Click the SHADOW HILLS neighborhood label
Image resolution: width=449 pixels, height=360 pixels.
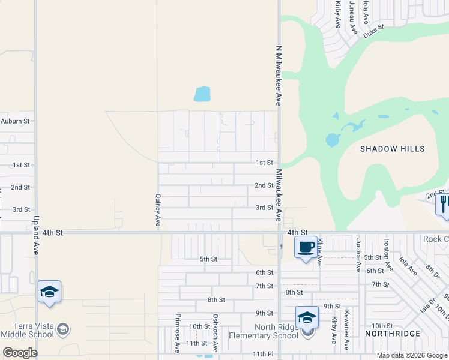click(x=392, y=149)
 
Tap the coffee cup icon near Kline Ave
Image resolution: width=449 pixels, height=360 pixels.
click(x=306, y=246)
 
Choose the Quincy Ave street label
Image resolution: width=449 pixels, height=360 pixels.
click(x=158, y=209)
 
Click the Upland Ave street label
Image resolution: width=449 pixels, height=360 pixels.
click(x=36, y=235)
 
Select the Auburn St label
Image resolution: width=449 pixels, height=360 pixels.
click(x=15, y=121)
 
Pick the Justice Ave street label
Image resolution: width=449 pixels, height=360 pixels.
click(x=358, y=255)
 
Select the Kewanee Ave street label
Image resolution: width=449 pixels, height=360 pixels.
click(x=346, y=337)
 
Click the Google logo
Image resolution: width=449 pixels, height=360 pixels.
click(x=20, y=353)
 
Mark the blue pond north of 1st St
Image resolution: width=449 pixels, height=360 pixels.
click(x=202, y=94)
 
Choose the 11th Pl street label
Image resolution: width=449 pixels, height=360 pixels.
click(x=262, y=354)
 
